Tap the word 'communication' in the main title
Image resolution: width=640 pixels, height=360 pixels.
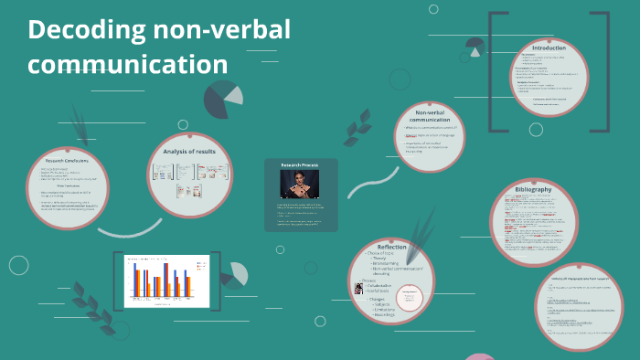(x=128, y=64)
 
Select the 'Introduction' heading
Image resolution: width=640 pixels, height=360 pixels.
(x=549, y=48)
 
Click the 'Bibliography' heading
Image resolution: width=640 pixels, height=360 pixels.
(x=533, y=189)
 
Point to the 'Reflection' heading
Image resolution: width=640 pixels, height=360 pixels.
(x=391, y=247)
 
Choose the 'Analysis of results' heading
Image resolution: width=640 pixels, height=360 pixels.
(x=189, y=151)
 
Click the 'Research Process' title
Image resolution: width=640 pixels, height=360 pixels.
(x=301, y=165)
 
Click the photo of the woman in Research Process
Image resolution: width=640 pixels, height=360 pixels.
(x=301, y=184)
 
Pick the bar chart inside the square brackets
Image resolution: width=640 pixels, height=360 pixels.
(x=160, y=279)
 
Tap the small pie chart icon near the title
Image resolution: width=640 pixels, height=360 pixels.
(x=223, y=99)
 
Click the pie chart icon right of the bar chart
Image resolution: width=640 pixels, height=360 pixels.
(x=235, y=274)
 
